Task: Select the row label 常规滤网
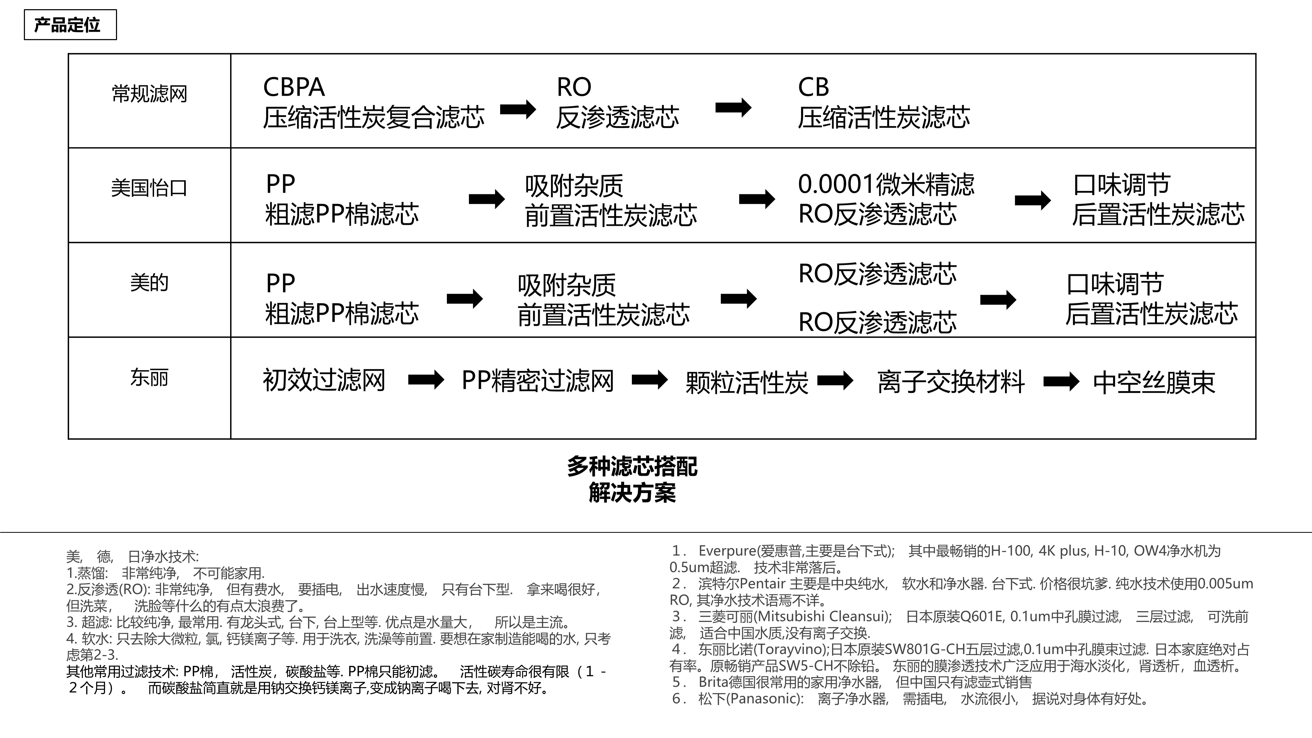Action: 149,94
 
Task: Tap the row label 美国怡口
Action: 149,188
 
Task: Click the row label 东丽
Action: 149,377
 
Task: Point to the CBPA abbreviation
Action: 294,87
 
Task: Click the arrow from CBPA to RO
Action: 518,109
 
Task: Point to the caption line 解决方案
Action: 632,493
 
